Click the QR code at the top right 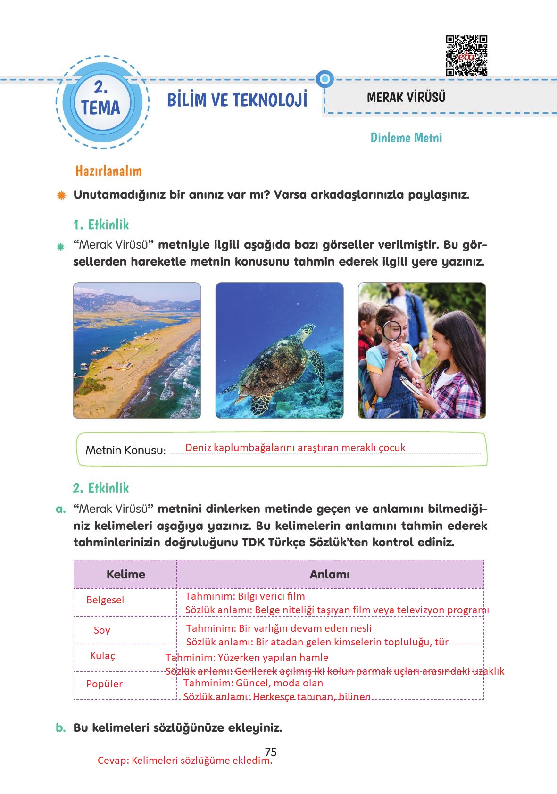466,56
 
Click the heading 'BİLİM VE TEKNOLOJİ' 237,100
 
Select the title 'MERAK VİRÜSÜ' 406,98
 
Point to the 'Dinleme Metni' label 406,138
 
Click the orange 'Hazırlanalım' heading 108,171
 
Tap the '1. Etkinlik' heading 101,225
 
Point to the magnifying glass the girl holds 391,330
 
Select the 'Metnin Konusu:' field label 125,450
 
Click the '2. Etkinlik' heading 101,488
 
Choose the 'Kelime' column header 126,574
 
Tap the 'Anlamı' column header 330,574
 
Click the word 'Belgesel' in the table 105,600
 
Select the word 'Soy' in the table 102,630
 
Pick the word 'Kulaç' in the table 103,656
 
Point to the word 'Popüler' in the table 104,684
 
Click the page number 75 271,752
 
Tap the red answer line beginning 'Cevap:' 185,761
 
